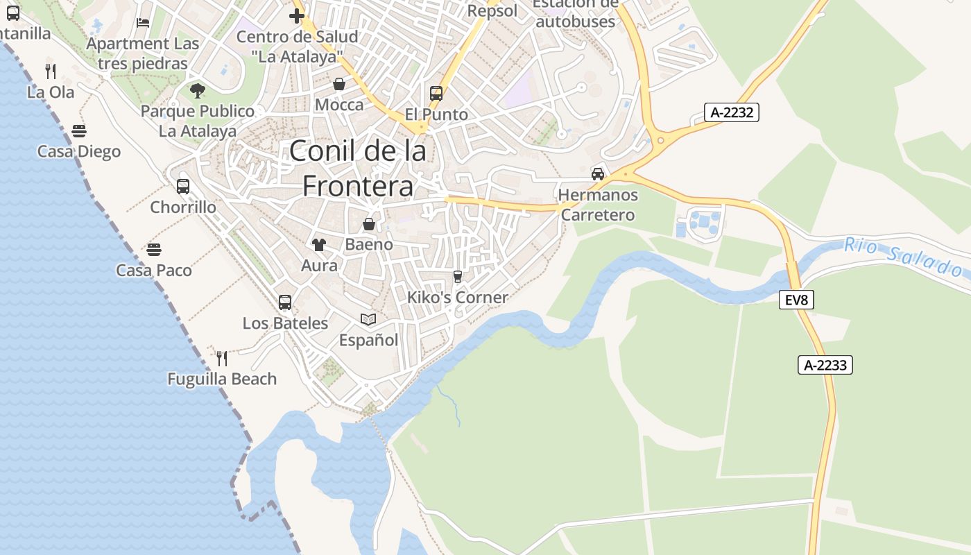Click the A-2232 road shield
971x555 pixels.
tap(732, 112)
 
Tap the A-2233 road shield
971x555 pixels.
tap(825, 365)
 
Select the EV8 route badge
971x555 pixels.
tap(796, 300)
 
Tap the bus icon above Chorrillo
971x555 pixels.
tap(183, 186)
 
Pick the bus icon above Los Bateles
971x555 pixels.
tap(285, 302)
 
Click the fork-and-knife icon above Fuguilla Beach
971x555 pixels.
tap(222, 358)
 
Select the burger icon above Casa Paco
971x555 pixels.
tap(154, 249)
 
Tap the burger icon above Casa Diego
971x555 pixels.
tap(79, 130)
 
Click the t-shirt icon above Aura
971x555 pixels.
tap(319, 244)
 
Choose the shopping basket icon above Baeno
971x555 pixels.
tap(369, 223)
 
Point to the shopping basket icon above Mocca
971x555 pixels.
tap(339, 84)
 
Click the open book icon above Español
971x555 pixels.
tap(368, 319)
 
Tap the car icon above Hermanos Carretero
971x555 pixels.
tap(598, 173)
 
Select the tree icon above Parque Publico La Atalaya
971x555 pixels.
tap(198, 90)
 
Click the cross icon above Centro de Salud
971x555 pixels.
tap(297, 15)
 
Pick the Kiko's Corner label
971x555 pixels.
tap(458, 298)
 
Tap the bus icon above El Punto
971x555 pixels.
tap(436, 93)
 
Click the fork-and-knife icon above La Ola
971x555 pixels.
tap(51, 71)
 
